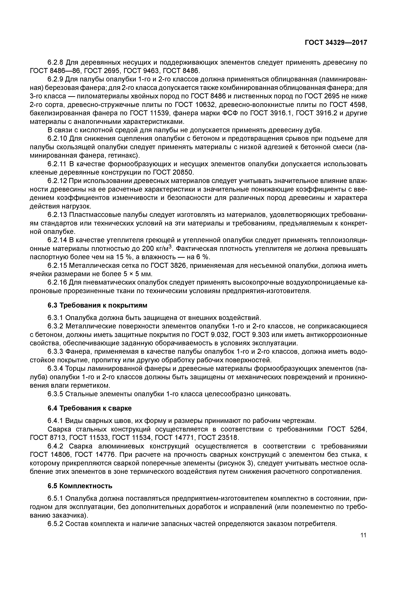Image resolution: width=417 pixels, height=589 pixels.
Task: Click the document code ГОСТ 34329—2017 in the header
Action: coord(336,43)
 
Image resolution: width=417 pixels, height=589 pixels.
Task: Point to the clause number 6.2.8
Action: coord(55,62)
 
